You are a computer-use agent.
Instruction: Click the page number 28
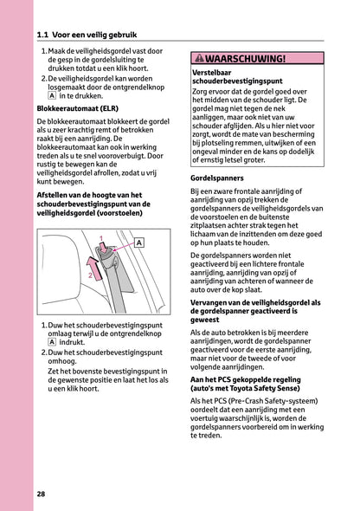coord(42,494)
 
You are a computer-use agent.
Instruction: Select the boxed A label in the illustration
coord(138,243)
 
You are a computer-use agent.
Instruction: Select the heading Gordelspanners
coord(215,177)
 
